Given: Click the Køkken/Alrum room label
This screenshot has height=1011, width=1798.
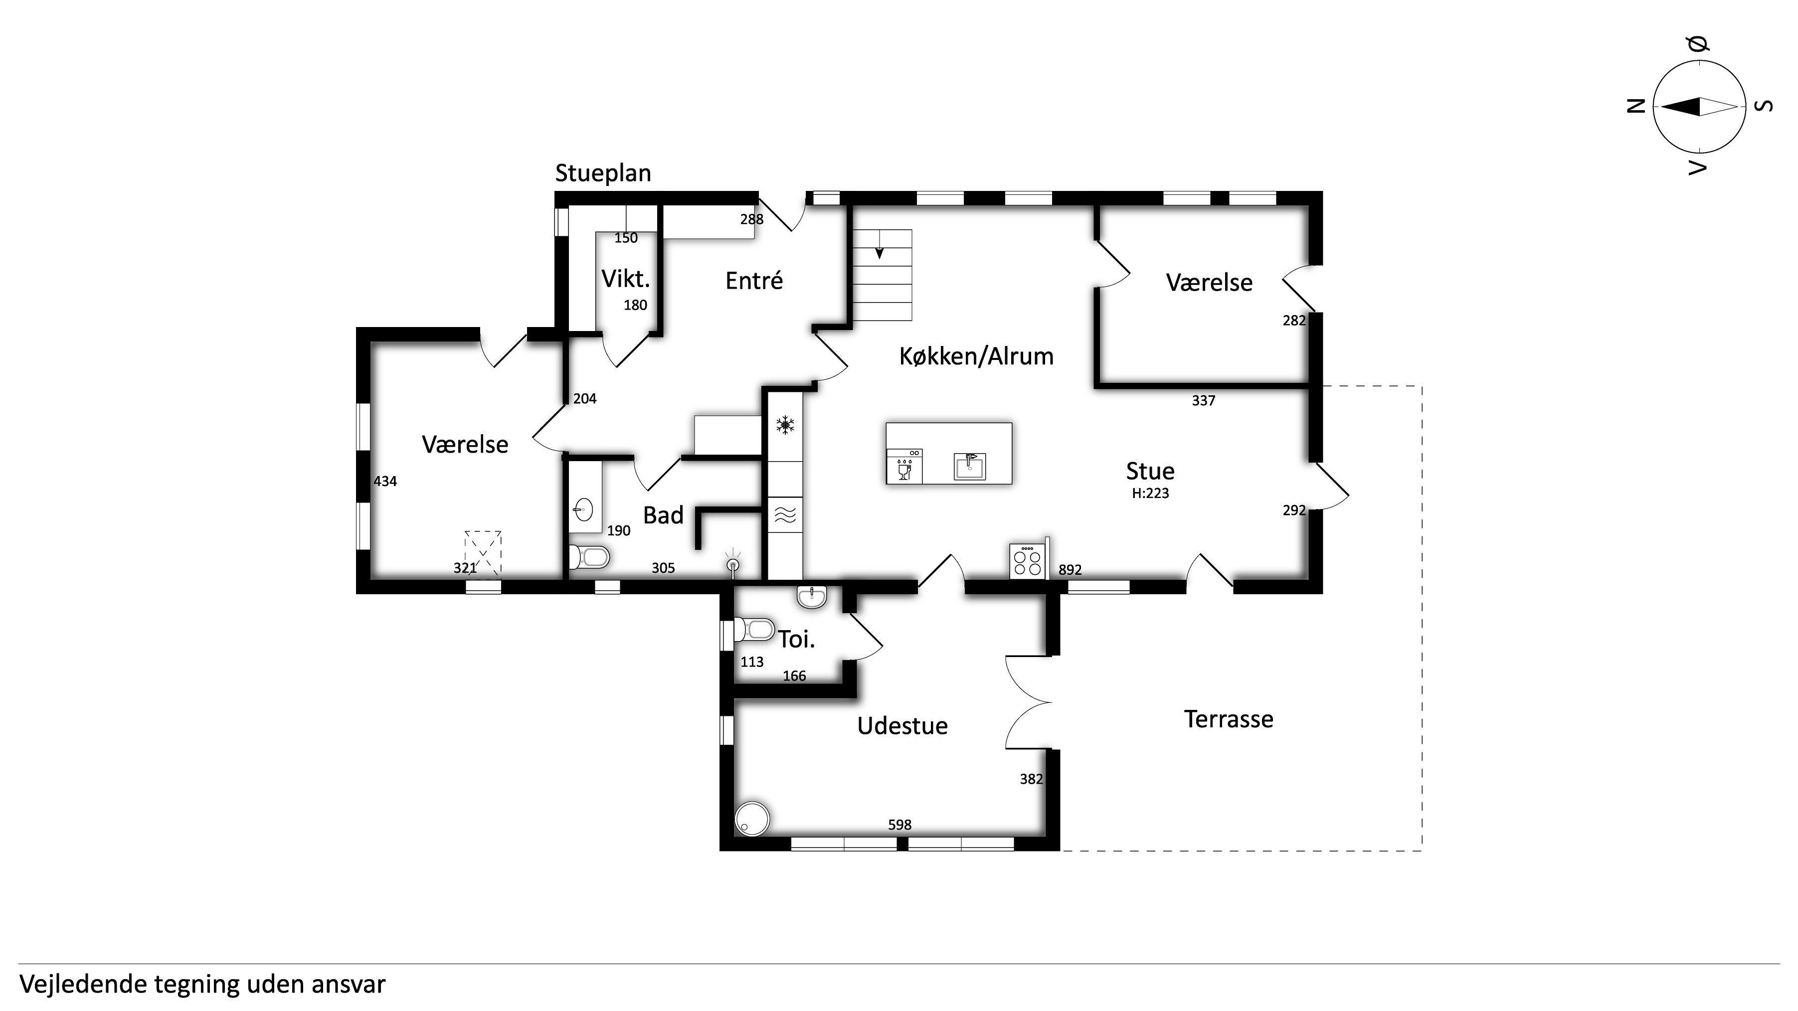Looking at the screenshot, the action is click(x=976, y=356).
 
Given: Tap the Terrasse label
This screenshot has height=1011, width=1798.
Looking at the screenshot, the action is click(x=1229, y=719).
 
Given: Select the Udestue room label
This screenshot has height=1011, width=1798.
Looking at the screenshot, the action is click(x=902, y=726).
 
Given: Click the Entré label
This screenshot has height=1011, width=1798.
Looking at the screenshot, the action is click(x=754, y=281).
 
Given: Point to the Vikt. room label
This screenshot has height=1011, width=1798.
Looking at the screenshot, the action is click(x=625, y=279).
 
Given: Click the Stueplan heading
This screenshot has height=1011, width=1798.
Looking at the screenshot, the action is click(x=603, y=173).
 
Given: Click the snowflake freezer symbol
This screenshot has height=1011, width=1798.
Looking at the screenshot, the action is click(x=786, y=425).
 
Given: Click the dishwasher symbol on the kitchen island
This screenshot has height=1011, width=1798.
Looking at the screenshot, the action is click(x=904, y=466).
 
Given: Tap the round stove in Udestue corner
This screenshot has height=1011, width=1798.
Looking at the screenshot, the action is click(x=752, y=819).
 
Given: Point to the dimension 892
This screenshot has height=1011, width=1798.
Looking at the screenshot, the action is click(x=1070, y=570).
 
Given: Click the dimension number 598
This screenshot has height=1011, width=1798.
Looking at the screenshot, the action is click(x=899, y=825).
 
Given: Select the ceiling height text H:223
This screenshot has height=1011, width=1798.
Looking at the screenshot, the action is click(x=1150, y=494).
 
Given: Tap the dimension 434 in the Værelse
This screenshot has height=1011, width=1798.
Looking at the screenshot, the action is click(x=385, y=482).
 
